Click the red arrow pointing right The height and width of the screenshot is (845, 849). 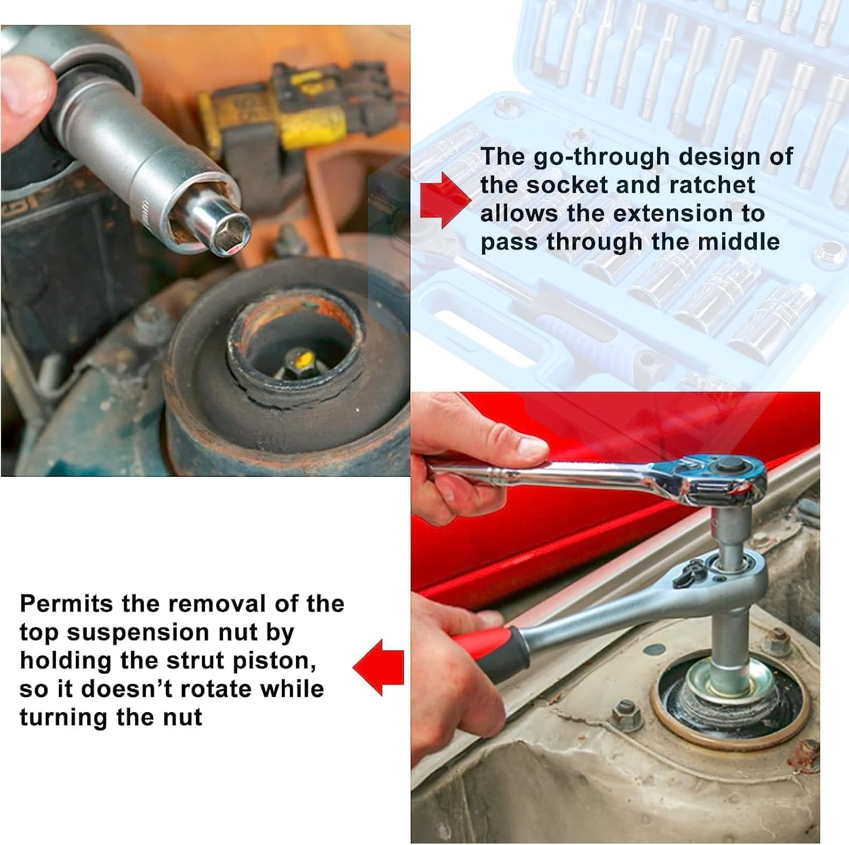tap(445, 200)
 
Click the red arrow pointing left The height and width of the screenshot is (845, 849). tap(378, 667)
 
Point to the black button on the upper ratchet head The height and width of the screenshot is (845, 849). tap(730, 466)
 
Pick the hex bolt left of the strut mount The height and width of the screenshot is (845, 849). tap(625, 714)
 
